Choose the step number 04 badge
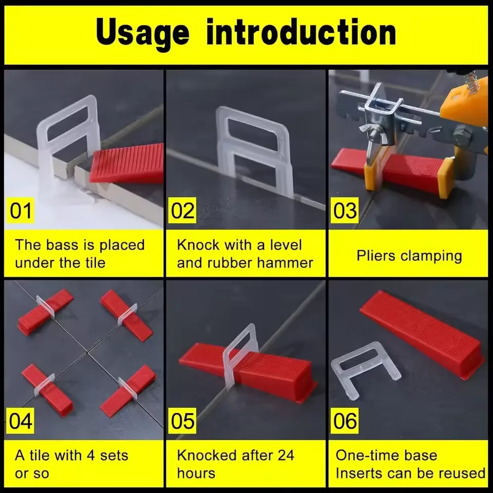21,421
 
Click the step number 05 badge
183,421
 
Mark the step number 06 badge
346,421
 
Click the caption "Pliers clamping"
409,255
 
